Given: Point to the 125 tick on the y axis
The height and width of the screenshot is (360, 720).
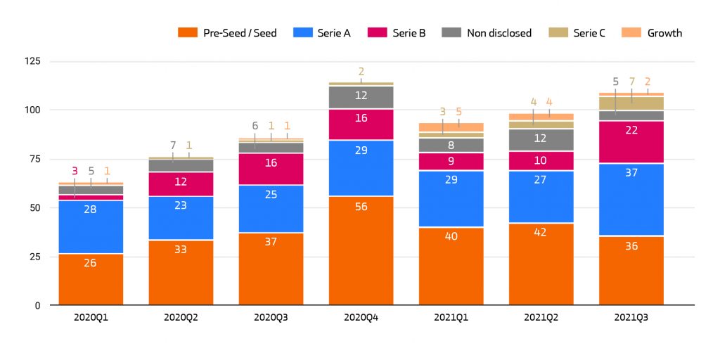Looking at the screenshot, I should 32,62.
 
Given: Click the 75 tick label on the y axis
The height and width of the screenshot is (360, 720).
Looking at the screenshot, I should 34,160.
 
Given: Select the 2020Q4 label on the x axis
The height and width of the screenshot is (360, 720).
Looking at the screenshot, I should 361,317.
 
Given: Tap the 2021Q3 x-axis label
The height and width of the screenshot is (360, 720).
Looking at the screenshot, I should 631,317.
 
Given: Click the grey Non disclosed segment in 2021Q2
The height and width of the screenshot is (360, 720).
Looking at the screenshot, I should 541,139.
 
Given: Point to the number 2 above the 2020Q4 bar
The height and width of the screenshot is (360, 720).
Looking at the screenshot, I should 361,72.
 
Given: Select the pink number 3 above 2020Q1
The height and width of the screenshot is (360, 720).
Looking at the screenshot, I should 75,171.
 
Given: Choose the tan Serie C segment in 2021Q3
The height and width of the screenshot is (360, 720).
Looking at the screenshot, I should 631,103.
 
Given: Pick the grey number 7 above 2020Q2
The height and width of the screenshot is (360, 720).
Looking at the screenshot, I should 173,146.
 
